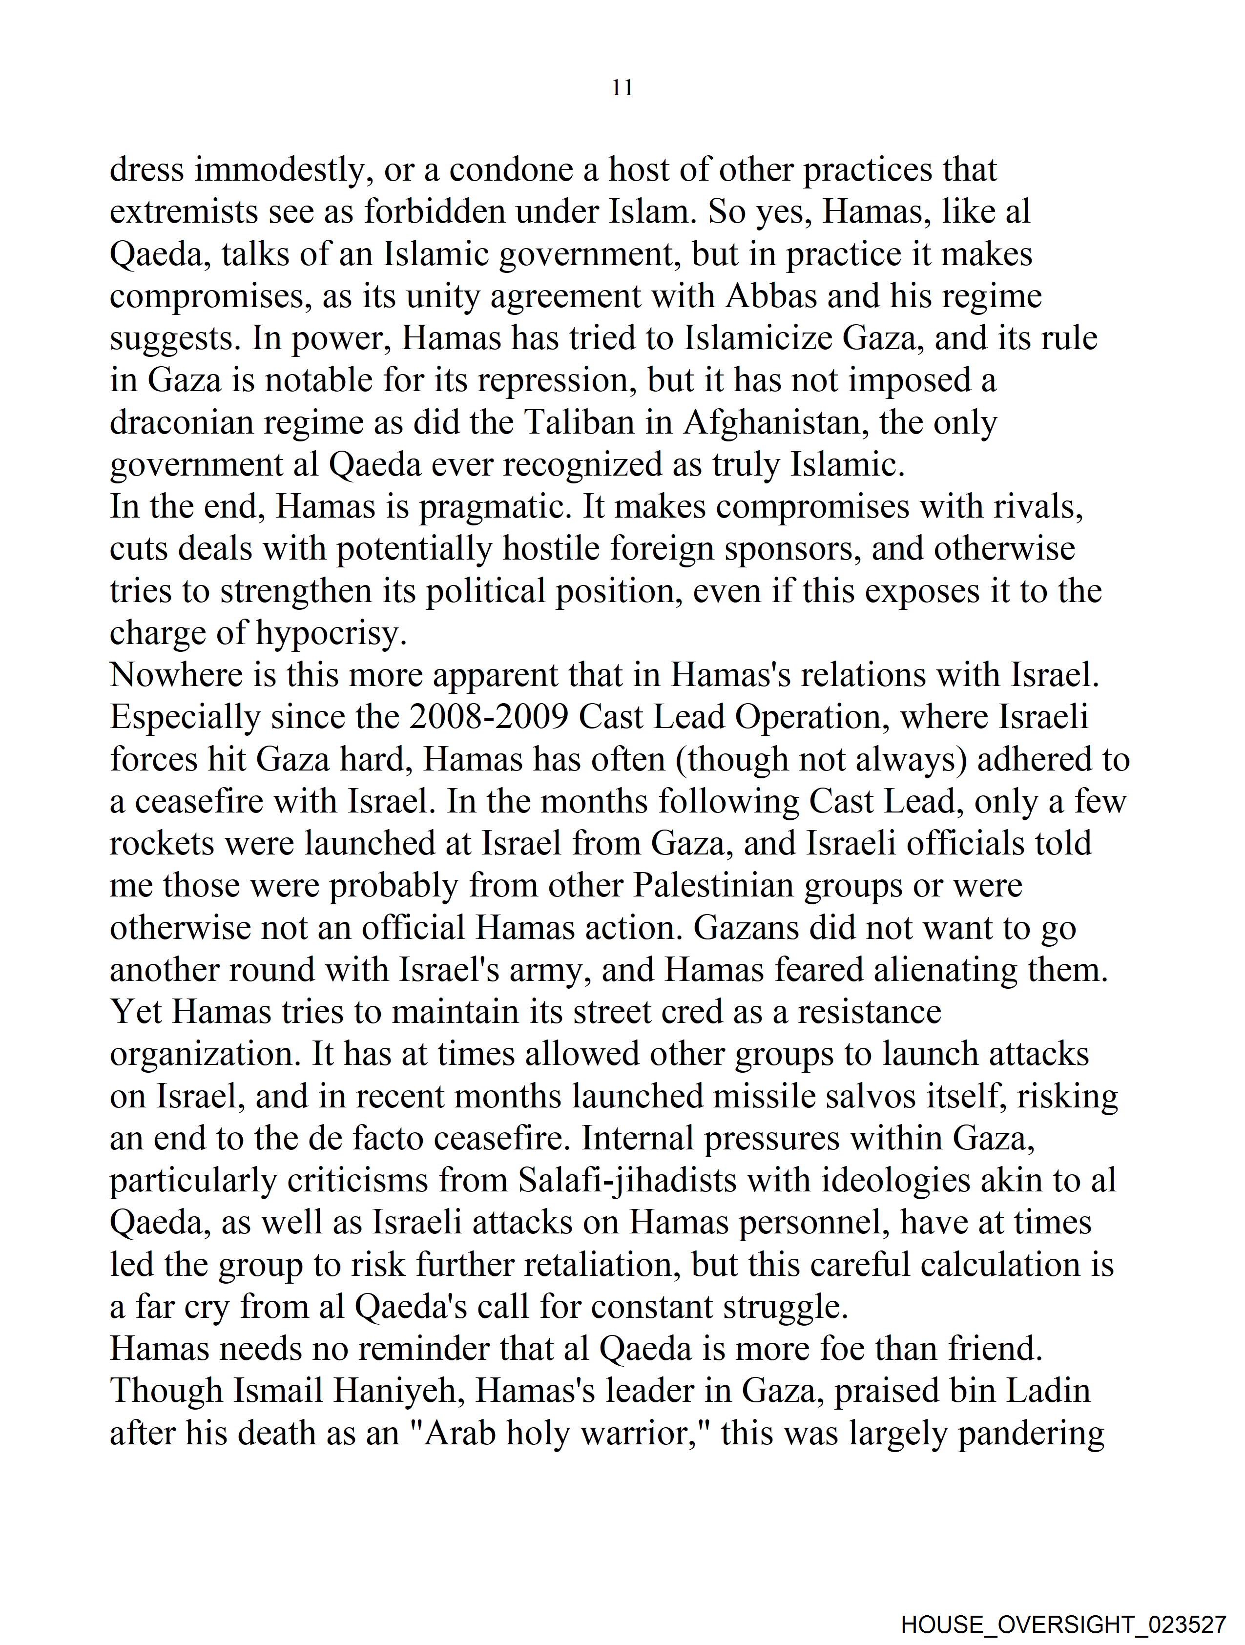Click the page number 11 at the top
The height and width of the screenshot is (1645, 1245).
tap(622, 88)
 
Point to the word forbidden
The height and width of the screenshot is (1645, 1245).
tap(435, 213)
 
